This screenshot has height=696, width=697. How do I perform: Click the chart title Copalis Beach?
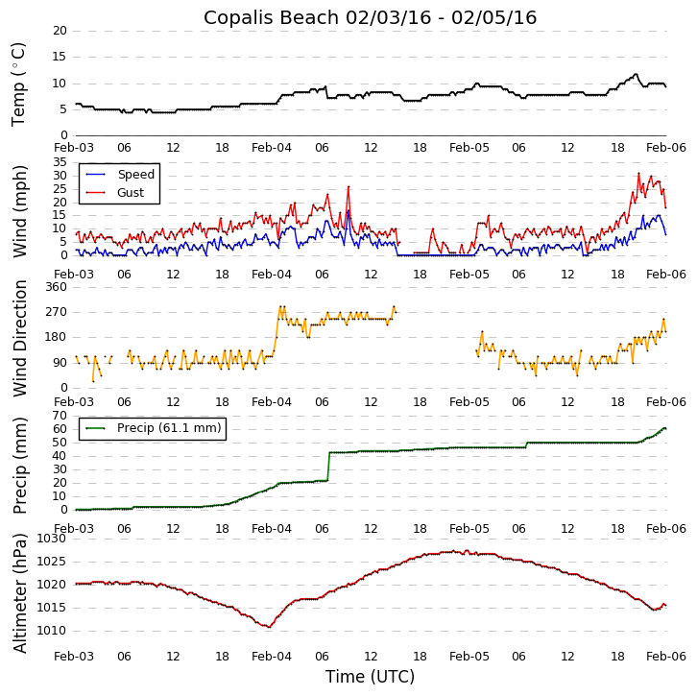370,17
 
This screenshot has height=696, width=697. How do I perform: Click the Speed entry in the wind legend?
135,175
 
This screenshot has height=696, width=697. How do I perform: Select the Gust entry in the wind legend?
130,193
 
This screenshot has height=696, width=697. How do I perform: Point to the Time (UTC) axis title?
370,677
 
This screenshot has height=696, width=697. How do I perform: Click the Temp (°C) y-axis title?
19,84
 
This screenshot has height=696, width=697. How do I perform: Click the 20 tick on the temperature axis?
60,31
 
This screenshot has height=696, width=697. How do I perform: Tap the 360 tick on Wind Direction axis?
55,287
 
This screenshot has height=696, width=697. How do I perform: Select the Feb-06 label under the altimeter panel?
666,656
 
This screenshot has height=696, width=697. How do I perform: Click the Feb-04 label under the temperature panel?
272,149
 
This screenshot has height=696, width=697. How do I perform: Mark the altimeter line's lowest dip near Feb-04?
269,627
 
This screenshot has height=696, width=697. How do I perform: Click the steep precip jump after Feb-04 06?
328,467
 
